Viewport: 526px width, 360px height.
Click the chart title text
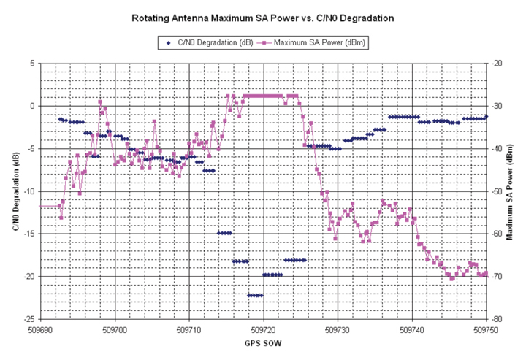262,17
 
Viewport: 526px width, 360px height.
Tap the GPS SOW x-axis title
264,343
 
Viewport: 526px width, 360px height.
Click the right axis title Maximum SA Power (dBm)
509,191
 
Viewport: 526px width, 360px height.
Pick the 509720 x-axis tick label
264,329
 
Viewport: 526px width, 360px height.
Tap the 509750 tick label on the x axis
487,329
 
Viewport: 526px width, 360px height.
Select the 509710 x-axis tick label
189,329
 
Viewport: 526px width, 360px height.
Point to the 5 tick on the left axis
31,64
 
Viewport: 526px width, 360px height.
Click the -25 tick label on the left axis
28,319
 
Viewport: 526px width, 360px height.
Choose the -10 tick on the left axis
28,191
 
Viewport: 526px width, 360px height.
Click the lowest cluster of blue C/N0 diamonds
255,295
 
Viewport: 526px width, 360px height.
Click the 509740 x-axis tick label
412,329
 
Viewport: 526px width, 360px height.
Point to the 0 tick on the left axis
31,106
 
